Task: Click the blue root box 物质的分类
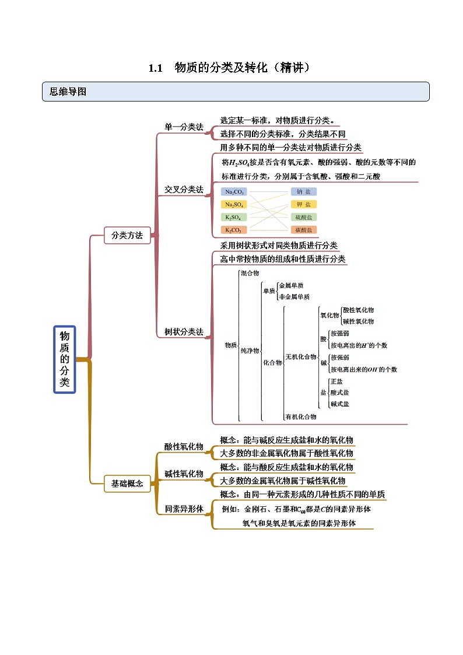coord(65,359)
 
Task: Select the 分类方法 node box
coord(127,235)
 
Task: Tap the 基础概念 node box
coord(127,483)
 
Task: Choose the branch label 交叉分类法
coord(184,190)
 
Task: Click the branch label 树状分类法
coord(184,332)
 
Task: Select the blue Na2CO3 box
coord(235,192)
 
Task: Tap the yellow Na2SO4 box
coord(235,205)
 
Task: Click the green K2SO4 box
coord(235,218)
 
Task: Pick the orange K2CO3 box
coord(235,230)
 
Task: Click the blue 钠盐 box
coord(304,192)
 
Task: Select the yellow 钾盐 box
coord(304,205)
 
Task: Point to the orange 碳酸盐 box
coord(304,230)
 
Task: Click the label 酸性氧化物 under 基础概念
coord(184,447)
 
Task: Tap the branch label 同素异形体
coord(184,509)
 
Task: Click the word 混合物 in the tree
coord(250,273)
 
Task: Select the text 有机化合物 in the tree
coord(301,416)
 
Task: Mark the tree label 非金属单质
coord(294,296)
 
